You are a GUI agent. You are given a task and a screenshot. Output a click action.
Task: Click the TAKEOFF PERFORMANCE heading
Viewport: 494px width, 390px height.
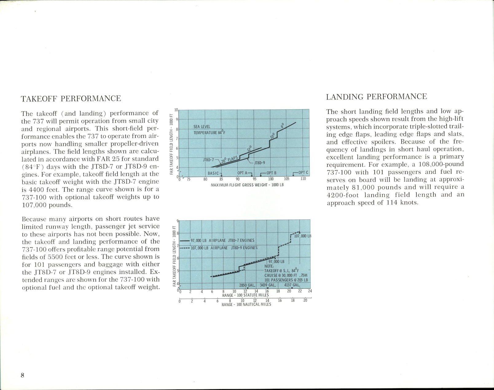pyautogui.click(x=71, y=98)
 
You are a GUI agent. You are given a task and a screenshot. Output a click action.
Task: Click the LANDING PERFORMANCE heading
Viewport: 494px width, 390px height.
pyautogui.click(x=376, y=97)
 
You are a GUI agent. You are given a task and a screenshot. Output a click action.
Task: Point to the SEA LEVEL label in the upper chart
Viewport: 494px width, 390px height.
pyautogui.click(x=202, y=127)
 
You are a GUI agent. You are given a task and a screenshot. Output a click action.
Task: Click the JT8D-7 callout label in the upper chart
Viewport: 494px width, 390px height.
pyautogui.click(x=208, y=160)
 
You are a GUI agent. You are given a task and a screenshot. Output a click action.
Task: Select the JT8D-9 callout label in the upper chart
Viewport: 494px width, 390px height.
pyautogui.click(x=260, y=163)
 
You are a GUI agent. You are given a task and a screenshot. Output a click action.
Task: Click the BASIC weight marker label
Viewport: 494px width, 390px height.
pyautogui.click(x=213, y=173)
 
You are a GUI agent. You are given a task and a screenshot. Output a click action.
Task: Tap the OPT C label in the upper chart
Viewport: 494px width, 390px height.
pyautogui.click(x=303, y=173)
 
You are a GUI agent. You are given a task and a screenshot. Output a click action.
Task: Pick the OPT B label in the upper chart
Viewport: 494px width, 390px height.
pyautogui.click(x=271, y=173)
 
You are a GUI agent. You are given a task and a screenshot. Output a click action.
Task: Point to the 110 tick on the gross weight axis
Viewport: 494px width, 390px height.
pyautogui.click(x=303, y=179)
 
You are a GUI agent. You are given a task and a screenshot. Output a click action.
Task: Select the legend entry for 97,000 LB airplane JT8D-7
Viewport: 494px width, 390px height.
pyautogui.click(x=222, y=240)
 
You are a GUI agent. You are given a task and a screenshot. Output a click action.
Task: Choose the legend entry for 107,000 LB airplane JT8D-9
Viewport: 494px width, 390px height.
pyautogui.click(x=224, y=248)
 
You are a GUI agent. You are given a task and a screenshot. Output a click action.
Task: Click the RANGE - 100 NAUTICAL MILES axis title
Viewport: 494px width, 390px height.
pyautogui.click(x=246, y=305)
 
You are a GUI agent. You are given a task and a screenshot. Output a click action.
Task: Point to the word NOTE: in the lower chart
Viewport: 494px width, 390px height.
pyautogui.click(x=269, y=266)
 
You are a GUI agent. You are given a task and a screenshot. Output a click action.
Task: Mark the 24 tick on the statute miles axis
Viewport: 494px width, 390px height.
pyautogui.click(x=310, y=291)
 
